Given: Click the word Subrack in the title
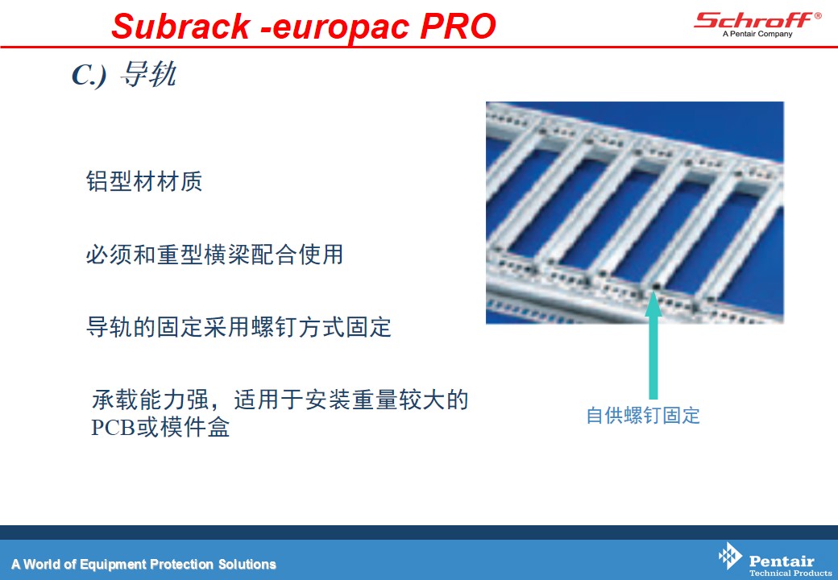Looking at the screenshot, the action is click(180, 26).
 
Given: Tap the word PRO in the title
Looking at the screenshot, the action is click(458, 26).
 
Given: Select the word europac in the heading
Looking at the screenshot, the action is click(341, 27).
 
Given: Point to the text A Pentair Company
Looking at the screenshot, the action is click(757, 34).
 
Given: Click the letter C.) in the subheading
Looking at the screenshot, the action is click(89, 75).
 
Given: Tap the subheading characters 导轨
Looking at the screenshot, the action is click(148, 73).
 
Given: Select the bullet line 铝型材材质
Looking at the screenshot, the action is click(144, 181).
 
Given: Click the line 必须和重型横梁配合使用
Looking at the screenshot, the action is click(214, 255).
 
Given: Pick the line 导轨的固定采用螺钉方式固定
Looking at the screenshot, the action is click(239, 327).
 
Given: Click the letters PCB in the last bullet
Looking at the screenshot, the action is click(114, 427).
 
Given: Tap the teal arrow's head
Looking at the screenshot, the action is click(653, 304).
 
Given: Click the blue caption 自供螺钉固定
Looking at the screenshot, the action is click(643, 416).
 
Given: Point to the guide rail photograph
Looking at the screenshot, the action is click(635, 213).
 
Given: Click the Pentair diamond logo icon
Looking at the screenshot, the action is click(730, 556).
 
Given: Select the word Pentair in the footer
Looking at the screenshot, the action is click(782, 561).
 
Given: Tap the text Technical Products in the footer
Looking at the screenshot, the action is click(790, 573).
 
